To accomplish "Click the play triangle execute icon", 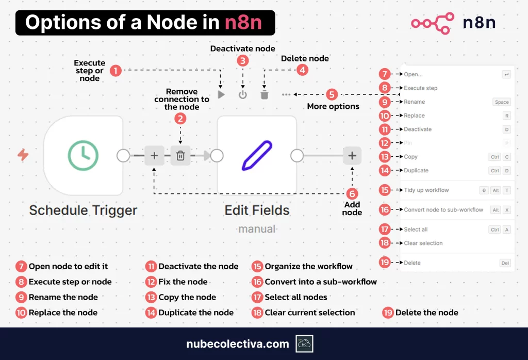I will pos(221,95).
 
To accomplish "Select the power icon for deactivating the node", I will pos(243,95).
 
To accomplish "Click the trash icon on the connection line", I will pos(180,155).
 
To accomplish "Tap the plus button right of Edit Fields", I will pos(352,155).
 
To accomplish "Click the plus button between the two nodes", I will pos(154,155).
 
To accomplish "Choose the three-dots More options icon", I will pos(286,95).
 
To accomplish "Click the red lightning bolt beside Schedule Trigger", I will pos(23,155).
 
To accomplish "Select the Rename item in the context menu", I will pos(415,102).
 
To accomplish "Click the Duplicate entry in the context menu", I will pos(416,171).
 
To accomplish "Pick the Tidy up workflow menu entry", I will pos(426,190).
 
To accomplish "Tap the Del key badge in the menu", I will pos(505,263).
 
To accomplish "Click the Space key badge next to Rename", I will pos(501,102).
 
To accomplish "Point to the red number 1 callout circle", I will pos(116,70).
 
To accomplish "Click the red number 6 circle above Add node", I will pos(352,193).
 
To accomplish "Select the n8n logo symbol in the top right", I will pos(432,23).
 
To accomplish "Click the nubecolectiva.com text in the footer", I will pos(238,344).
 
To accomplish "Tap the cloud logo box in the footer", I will pos(304,343).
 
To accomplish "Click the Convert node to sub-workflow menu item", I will pos(443,210).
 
